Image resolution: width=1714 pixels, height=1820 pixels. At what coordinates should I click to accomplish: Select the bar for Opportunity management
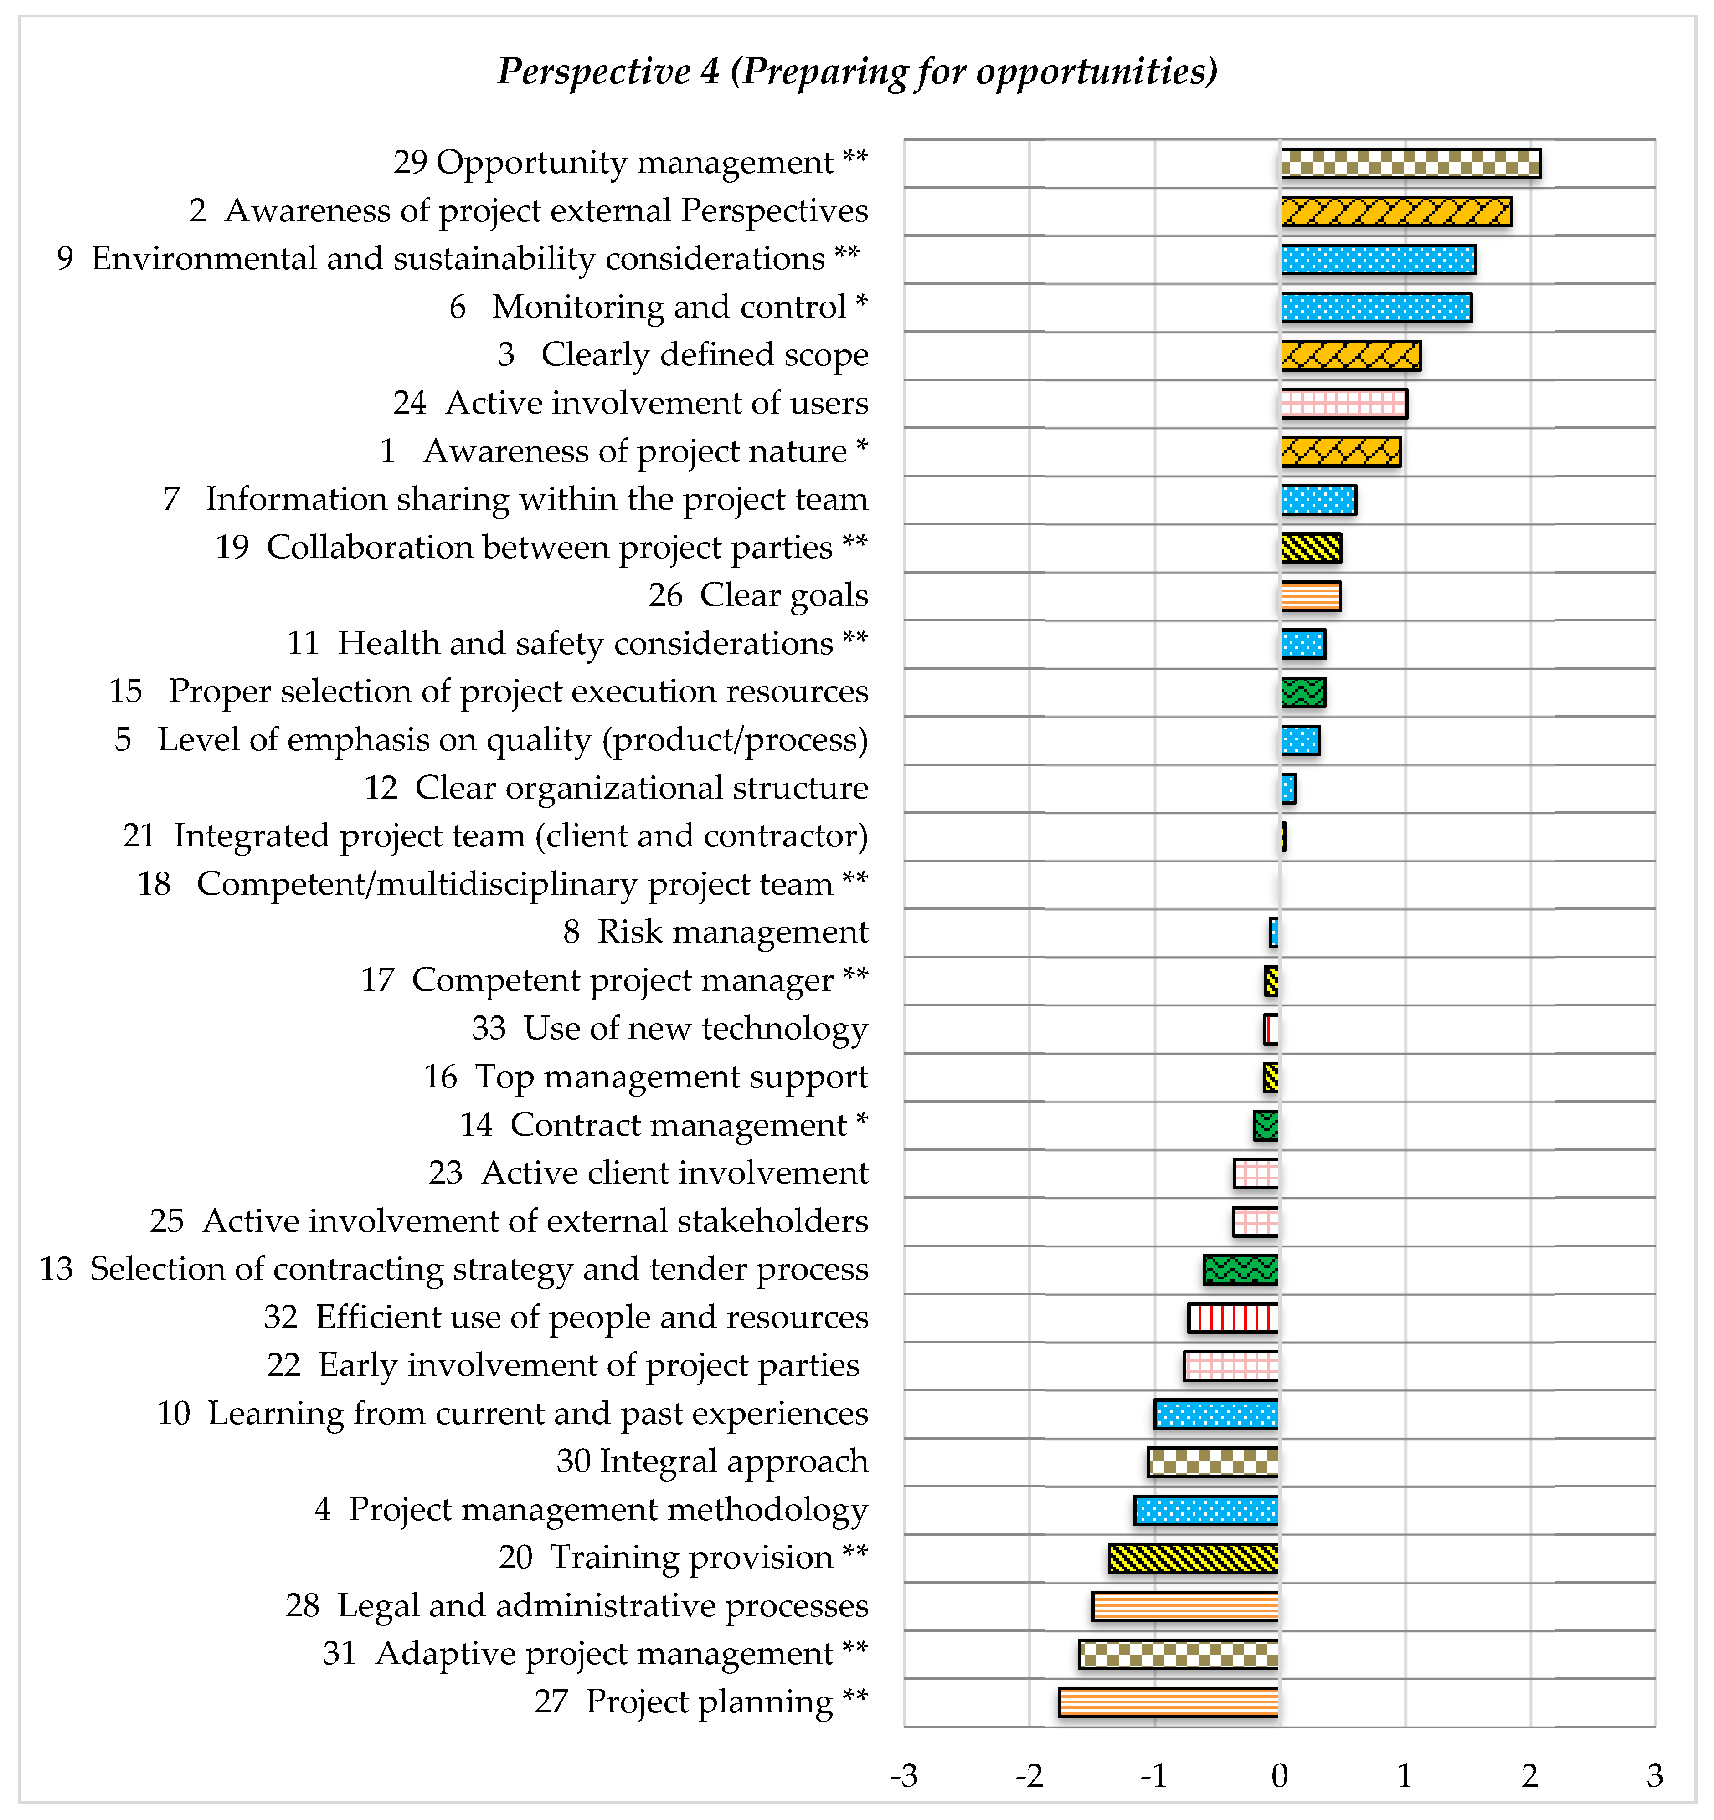(1410, 163)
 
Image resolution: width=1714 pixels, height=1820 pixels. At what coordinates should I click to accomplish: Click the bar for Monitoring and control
(1375, 308)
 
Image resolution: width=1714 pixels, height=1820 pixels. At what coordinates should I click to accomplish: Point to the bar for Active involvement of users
(1343, 404)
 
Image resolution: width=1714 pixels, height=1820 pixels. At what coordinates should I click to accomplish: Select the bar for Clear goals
(1310, 596)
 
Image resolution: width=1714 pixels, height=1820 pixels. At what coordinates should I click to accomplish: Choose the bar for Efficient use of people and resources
(1233, 1318)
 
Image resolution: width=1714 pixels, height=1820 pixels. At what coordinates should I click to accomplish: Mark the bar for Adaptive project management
(1179, 1654)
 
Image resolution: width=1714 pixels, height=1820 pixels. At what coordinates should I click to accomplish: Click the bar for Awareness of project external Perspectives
(1395, 211)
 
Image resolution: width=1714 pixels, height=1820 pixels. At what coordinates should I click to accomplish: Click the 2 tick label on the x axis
(1529, 1776)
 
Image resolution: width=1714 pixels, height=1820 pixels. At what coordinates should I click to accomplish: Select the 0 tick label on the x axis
(1279, 1776)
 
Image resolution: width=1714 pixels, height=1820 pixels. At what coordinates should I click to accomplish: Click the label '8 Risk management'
(715, 932)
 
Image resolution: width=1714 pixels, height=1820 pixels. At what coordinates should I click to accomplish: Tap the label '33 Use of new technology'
(669, 1028)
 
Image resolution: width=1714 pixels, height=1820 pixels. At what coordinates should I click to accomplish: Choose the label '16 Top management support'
(645, 1077)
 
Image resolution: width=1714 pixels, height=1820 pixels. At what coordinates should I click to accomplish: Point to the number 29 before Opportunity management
(410, 162)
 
